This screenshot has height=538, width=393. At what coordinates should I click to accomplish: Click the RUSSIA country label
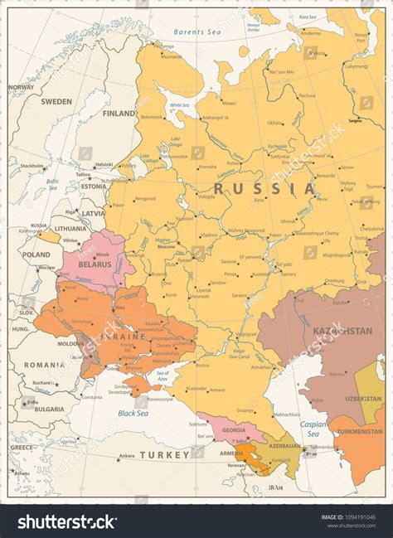[x=264, y=189]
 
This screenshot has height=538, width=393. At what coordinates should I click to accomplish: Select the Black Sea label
[x=133, y=412]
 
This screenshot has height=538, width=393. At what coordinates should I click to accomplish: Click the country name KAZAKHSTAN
[x=341, y=331]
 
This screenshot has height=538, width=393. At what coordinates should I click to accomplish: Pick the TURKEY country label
[x=164, y=455]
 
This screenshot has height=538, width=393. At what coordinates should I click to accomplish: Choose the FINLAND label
[x=119, y=114]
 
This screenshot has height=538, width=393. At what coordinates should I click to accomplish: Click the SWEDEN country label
[x=56, y=101]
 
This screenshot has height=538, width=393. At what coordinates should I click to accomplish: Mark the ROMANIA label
[x=44, y=365]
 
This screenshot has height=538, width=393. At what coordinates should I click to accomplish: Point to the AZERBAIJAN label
[x=284, y=445]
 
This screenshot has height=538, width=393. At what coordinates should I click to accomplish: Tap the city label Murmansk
[x=172, y=56]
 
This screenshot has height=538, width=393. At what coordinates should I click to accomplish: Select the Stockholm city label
[x=32, y=166]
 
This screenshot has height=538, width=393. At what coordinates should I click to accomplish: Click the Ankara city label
[x=126, y=456]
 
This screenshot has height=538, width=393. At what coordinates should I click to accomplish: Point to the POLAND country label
[x=36, y=255]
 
